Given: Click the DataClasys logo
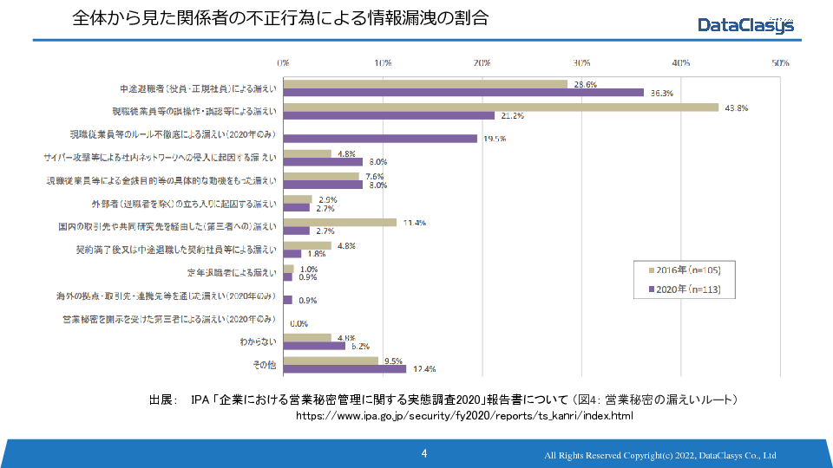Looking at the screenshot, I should pyautogui.click(x=745, y=25).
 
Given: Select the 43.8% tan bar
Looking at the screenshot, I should pyautogui.click(x=501, y=107).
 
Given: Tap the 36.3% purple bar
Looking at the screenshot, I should pyautogui.click(x=463, y=93).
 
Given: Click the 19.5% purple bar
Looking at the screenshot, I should pyautogui.click(x=380, y=138).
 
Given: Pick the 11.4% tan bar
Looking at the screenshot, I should pyautogui.click(x=339, y=223).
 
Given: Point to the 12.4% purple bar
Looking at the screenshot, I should pyautogui.click(x=344, y=369).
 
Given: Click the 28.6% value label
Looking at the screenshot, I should pyautogui.click(x=586, y=84).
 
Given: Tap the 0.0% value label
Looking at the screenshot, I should pyautogui.click(x=299, y=324).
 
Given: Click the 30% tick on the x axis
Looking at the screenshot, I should pyautogui.click(x=581, y=63).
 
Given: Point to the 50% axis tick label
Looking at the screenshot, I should pyautogui.click(x=780, y=63).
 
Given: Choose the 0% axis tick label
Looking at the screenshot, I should pyautogui.click(x=283, y=63).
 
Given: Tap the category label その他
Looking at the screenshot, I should pyautogui.click(x=265, y=365).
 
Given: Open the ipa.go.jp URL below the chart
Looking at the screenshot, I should pyautogui.click(x=465, y=416).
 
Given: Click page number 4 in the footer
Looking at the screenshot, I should pyautogui.click(x=423, y=453).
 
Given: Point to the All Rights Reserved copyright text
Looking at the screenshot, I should pyautogui.click(x=659, y=456).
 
